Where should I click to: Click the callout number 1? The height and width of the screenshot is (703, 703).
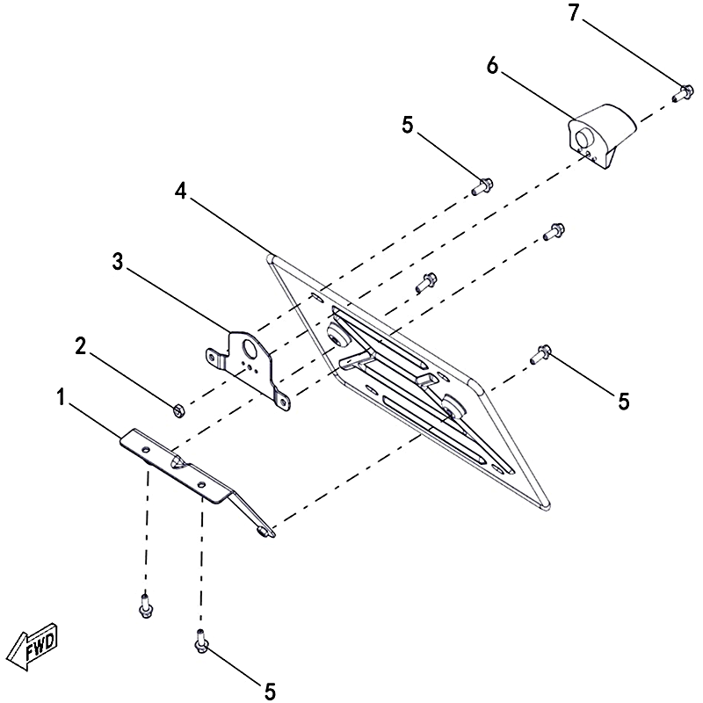(x=61, y=398)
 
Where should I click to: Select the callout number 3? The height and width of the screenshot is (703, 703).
(x=118, y=261)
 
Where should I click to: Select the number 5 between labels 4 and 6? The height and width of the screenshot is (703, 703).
(x=407, y=126)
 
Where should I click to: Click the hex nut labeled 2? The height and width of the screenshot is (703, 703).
(x=177, y=409)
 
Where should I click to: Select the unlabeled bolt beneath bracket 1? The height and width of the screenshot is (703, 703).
(x=144, y=605)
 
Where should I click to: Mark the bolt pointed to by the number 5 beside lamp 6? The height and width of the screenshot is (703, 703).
(x=482, y=185)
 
